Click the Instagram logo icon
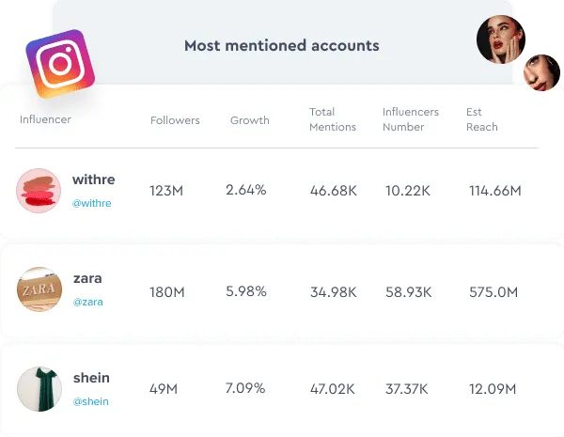point(60,64)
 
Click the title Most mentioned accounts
point(282,46)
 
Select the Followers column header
point(175,120)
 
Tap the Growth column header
point(250,120)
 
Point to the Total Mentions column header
point(333,119)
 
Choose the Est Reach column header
point(482,119)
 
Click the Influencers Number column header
point(411,119)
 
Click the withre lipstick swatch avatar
point(39,191)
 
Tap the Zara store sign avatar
point(39,289)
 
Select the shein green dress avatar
point(39,389)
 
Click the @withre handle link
point(92,203)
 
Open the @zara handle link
point(87,302)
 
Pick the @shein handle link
point(90,401)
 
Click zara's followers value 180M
point(167,292)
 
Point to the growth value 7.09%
point(245,388)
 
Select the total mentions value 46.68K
point(334,191)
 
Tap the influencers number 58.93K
point(408,292)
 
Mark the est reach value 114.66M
point(495,191)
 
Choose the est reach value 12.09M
point(493,389)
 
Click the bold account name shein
point(91,378)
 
